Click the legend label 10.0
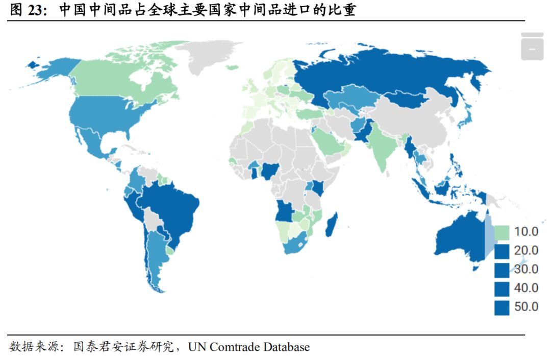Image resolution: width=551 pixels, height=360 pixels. click(526, 232)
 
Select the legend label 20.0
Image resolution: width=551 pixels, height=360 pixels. click(526, 251)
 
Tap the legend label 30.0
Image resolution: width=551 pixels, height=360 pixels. click(526, 269)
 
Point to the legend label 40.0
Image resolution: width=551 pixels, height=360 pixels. click(526, 288)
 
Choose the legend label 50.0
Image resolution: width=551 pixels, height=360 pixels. click(526, 307)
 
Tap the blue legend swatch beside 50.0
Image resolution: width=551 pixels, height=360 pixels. click(502, 307)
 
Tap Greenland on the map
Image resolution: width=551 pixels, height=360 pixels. click(204, 56)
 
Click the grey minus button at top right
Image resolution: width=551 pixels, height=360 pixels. click(532, 49)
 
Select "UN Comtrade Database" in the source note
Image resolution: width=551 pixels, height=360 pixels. click(248, 347)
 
